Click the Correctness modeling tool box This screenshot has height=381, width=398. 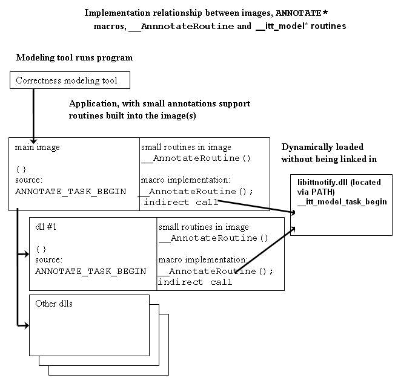(70, 80)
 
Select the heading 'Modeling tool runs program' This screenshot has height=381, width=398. (74, 58)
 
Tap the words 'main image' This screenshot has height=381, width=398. (38, 147)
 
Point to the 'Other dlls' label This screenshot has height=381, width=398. (54, 304)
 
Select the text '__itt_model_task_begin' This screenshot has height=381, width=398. (342, 201)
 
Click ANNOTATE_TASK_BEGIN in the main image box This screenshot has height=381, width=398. (71, 191)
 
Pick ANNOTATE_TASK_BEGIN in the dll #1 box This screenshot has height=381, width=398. (91, 271)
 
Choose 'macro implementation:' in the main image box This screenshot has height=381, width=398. (185, 180)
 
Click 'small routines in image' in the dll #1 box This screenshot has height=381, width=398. (204, 227)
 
